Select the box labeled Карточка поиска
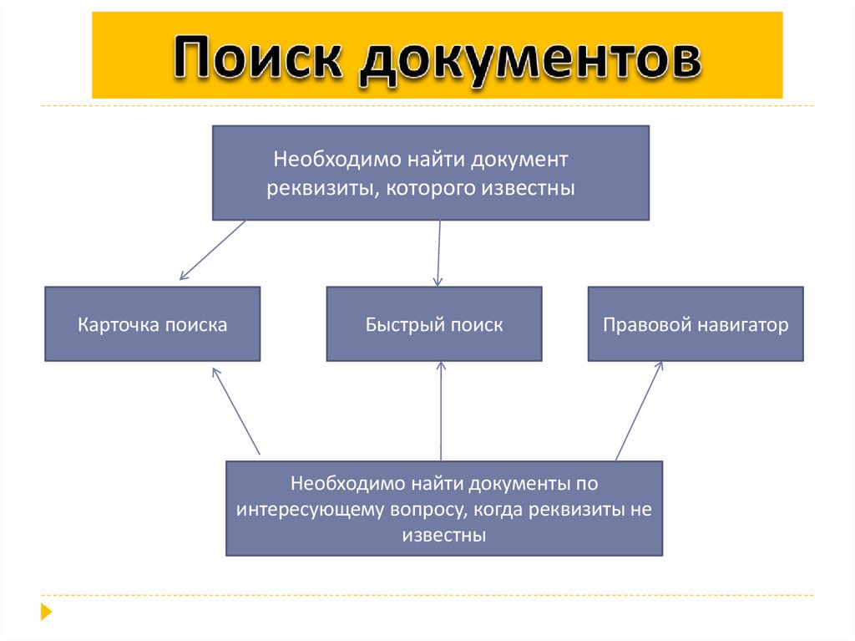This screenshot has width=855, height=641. coord(152,324)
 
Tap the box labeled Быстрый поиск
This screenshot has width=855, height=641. coord(433,324)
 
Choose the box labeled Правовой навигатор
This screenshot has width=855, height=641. coord(696,324)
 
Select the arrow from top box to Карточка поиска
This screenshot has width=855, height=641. coord(212,250)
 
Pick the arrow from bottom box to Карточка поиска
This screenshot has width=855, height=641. coord(237,410)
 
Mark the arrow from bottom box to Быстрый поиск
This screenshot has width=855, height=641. coord(441,410)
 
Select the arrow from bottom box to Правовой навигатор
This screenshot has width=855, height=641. coord(639,410)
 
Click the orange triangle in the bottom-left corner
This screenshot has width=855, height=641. coord(46,611)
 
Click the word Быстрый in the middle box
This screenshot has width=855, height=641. coord(397,325)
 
